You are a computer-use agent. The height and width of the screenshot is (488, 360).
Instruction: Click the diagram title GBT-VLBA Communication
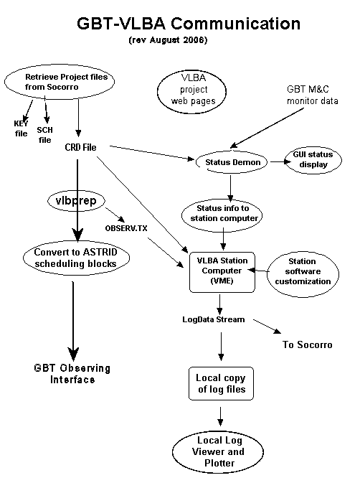tap(189, 24)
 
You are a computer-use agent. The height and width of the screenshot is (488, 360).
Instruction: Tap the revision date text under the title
tap(168, 40)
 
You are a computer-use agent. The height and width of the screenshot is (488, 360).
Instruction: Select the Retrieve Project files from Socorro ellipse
tap(60, 82)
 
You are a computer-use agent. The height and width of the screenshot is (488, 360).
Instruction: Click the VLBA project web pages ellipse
tap(191, 91)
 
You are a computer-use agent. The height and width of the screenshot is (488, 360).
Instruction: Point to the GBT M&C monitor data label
tap(312, 95)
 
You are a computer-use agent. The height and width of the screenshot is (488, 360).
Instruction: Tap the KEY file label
tap(21, 128)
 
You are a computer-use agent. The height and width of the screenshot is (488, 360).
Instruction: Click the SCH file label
tap(44, 135)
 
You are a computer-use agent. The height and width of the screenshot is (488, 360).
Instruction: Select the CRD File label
tap(80, 147)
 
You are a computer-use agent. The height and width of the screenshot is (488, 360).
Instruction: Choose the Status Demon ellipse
tap(232, 162)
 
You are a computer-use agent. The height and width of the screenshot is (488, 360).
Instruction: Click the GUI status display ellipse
tap(313, 159)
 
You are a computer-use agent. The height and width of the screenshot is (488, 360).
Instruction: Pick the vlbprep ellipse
tap(76, 201)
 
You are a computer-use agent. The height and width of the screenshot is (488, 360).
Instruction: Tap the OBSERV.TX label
tap(126, 228)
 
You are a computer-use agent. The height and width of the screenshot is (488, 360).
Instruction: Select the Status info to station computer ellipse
tap(222, 215)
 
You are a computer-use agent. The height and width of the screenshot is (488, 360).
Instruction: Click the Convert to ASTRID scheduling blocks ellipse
tap(76, 258)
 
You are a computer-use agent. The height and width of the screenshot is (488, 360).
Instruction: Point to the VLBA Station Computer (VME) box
tap(222, 272)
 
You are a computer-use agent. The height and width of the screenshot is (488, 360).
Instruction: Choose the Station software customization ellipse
tap(303, 272)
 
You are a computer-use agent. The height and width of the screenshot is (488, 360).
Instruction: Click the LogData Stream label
tap(214, 319)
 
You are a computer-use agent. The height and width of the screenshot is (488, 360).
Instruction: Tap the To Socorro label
tap(308, 344)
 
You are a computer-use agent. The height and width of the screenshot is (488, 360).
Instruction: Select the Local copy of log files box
tap(221, 383)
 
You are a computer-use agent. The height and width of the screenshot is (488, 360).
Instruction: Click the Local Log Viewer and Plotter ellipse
tap(218, 451)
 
